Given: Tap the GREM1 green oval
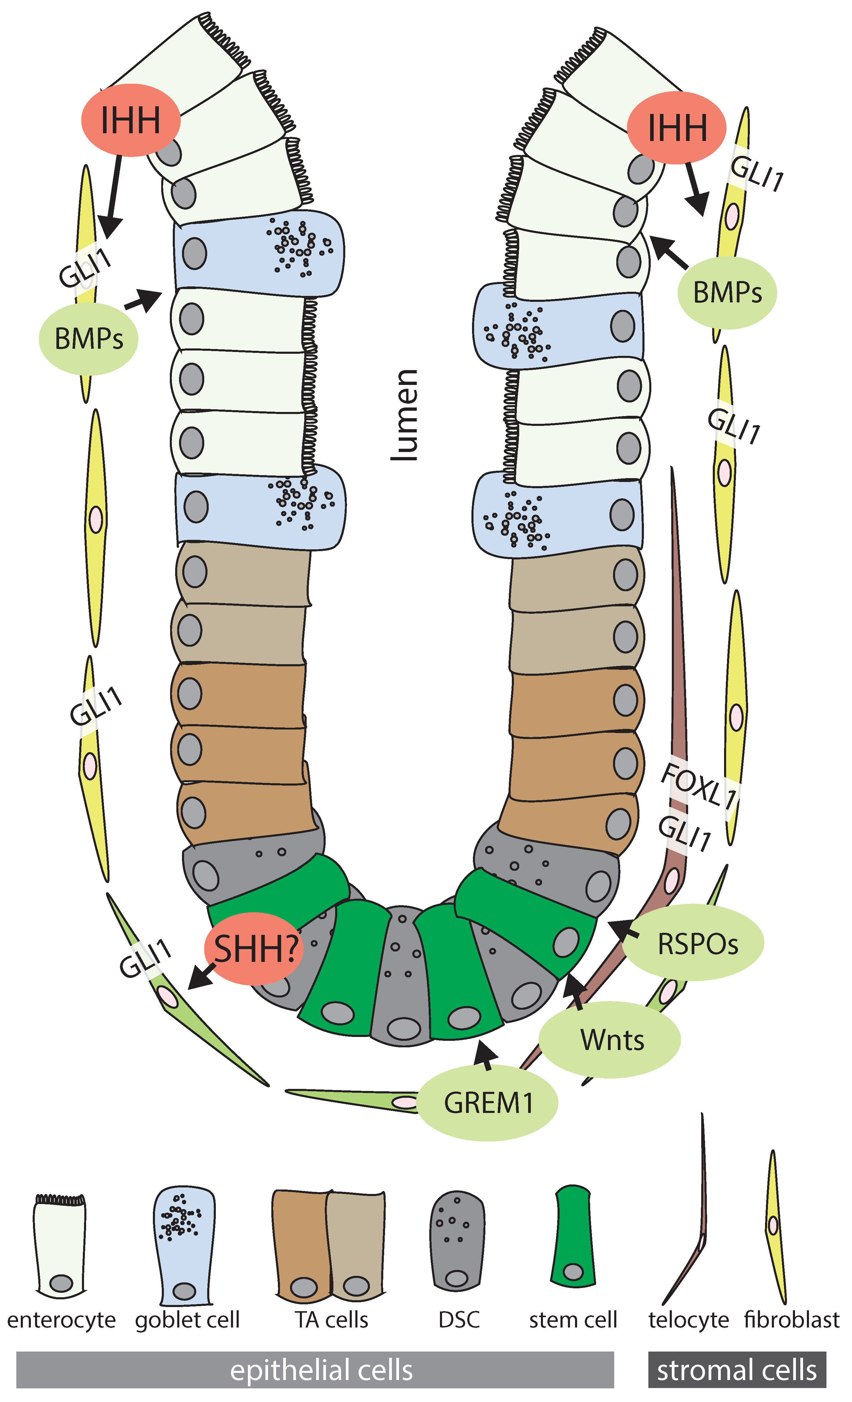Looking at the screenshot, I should coord(488,1103).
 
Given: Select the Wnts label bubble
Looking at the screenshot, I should coord(609,1040).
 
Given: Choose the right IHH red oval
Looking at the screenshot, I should coord(677,127).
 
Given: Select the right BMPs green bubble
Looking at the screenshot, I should coord(727,292).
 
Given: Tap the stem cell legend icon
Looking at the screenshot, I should coord(573,1236).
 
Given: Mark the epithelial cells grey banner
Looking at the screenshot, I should coord(315,1370).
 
